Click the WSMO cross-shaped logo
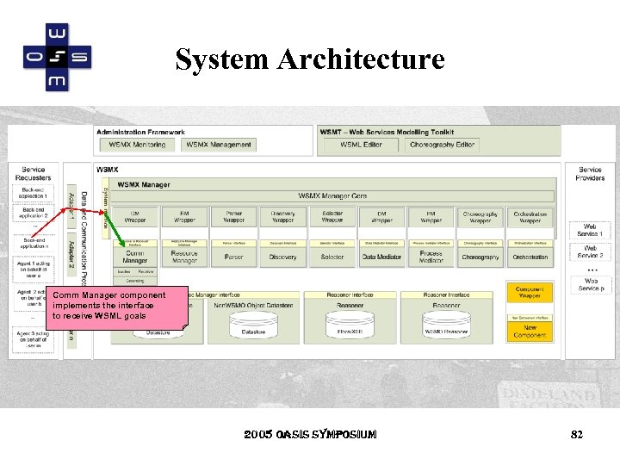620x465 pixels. coord(57,58)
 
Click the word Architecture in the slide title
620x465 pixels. coord(361,59)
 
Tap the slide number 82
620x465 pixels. coord(577,435)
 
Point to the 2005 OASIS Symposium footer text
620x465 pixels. coord(309,435)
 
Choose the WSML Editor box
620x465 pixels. coord(361,145)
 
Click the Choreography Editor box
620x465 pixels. coord(442,145)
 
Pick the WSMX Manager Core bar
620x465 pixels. coord(332,196)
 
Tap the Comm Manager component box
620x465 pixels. coord(135,257)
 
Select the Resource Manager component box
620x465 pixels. coord(184,257)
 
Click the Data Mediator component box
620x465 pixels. coord(381,257)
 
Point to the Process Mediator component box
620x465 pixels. coord(431,257)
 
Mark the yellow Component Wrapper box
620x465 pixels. coord(530,293)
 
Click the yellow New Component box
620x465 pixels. coord(530,331)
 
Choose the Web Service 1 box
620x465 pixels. coord(590,230)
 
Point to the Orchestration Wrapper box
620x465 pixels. coord(530,217)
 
